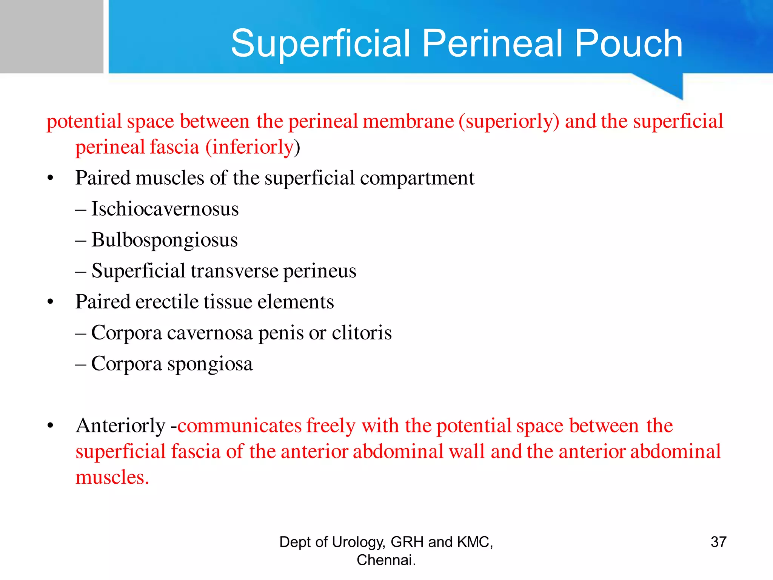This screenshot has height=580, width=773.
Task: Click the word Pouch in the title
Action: click(628, 44)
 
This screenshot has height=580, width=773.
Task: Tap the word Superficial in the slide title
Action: click(320, 44)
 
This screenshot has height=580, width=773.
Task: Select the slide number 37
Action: click(718, 542)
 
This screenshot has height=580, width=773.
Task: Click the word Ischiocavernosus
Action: click(165, 209)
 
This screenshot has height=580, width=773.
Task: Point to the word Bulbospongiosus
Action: click(165, 240)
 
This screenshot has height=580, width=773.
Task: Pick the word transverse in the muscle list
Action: click(234, 271)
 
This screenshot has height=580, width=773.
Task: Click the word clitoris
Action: click(362, 333)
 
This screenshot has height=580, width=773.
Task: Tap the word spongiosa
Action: click(210, 364)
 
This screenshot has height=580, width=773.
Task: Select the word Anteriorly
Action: click(120, 426)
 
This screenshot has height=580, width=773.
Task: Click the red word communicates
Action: click(240, 426)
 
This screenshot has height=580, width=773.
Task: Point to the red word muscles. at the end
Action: click(112, 477)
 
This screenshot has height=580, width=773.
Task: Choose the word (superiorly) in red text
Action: click(509, 122)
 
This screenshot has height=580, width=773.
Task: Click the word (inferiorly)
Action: click(253, 147)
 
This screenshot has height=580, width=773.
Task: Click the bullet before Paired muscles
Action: click(51, 178)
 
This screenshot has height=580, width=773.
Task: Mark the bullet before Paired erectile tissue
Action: click(51, 302)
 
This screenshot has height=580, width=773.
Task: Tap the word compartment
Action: click(417, 178)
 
